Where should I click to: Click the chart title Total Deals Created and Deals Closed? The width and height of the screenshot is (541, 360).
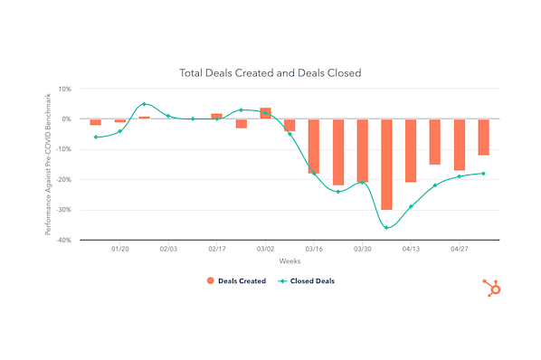coord(270,72)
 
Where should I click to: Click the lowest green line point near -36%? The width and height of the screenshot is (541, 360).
coord(386,228)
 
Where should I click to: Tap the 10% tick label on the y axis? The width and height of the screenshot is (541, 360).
coord(64,89)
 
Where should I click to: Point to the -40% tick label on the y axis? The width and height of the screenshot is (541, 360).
coord(62,241)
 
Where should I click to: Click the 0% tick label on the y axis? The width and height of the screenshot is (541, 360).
coord(66,119)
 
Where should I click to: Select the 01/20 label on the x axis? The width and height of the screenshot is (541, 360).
coord(119,248)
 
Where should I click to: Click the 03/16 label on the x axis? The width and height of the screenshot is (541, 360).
coord(314,248)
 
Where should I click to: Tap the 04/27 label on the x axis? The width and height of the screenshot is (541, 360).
coord(460,248)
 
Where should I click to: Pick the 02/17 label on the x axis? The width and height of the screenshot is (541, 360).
coord(216,248)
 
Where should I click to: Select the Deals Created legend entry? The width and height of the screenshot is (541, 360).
coord(237,281)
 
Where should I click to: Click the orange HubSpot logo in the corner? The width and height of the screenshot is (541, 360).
coord(492,288)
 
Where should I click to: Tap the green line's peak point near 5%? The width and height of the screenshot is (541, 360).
coord(144,104)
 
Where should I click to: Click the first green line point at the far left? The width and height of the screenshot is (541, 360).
coord(95,137)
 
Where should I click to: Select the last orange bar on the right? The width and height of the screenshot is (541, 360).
coord(483,137)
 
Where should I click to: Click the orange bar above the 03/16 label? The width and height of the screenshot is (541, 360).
coord(314,146)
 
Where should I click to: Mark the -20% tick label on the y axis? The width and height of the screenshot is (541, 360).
coord(62,180)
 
